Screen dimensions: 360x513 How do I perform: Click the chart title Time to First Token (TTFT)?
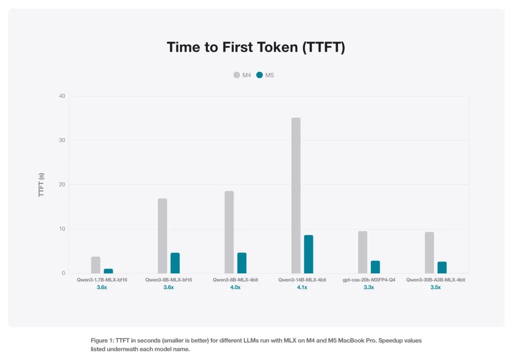256,48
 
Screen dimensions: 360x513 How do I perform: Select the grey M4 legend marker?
236,75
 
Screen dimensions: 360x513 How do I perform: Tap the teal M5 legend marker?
260,75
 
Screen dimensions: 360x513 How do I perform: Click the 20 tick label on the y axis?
62,185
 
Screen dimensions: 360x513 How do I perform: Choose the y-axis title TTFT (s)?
42,185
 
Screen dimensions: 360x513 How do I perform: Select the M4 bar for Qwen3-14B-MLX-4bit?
296,195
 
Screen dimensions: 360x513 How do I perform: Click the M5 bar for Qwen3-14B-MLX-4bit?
308,254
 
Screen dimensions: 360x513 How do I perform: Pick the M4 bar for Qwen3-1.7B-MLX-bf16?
96,265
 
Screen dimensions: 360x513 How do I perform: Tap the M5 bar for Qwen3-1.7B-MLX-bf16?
108,271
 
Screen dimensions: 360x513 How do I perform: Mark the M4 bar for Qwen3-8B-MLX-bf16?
162,236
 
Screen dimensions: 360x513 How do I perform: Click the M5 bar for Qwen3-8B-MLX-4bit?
241,263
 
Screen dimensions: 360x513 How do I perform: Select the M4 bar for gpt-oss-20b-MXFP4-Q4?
363,252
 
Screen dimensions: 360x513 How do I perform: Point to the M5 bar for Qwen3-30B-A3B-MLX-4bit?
442,267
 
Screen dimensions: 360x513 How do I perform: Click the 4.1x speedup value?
302,287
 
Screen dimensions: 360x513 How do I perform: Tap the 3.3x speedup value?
369,287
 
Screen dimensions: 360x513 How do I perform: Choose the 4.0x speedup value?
235,287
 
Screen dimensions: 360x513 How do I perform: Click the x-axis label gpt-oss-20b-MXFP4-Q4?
369,280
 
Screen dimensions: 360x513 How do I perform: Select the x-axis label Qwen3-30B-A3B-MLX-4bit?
435,280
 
